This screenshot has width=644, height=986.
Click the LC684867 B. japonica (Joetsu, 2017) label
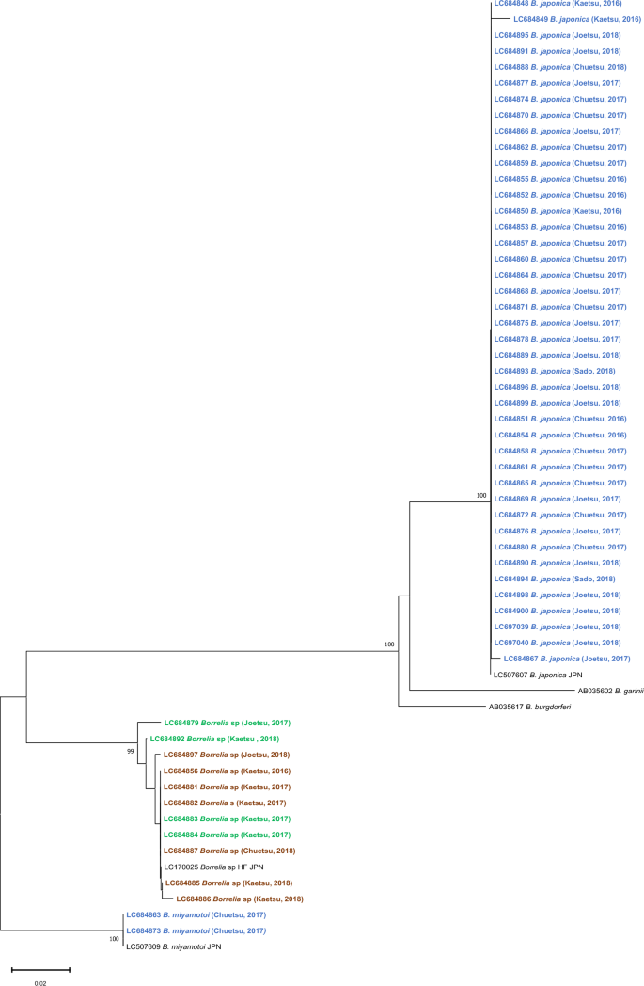pyautogui.click(x=567, y=659)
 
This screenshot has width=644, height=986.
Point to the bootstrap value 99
pyautogui.click(x=132, y=751)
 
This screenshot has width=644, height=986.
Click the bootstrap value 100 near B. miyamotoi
pyautogui.click(x=115, y=939)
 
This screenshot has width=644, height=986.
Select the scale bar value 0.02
pyautogui.click(x=39, y=982)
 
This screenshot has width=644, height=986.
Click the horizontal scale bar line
pyautogui.click(x=40, y=968)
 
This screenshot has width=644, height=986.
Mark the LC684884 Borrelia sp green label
pyautogui.click(x=226, y=835)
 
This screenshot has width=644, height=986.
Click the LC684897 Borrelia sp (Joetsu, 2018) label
pyautogui.click(x=226, y=755)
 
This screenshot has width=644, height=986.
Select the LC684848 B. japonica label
pyautogui.click(x=558, y=4)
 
